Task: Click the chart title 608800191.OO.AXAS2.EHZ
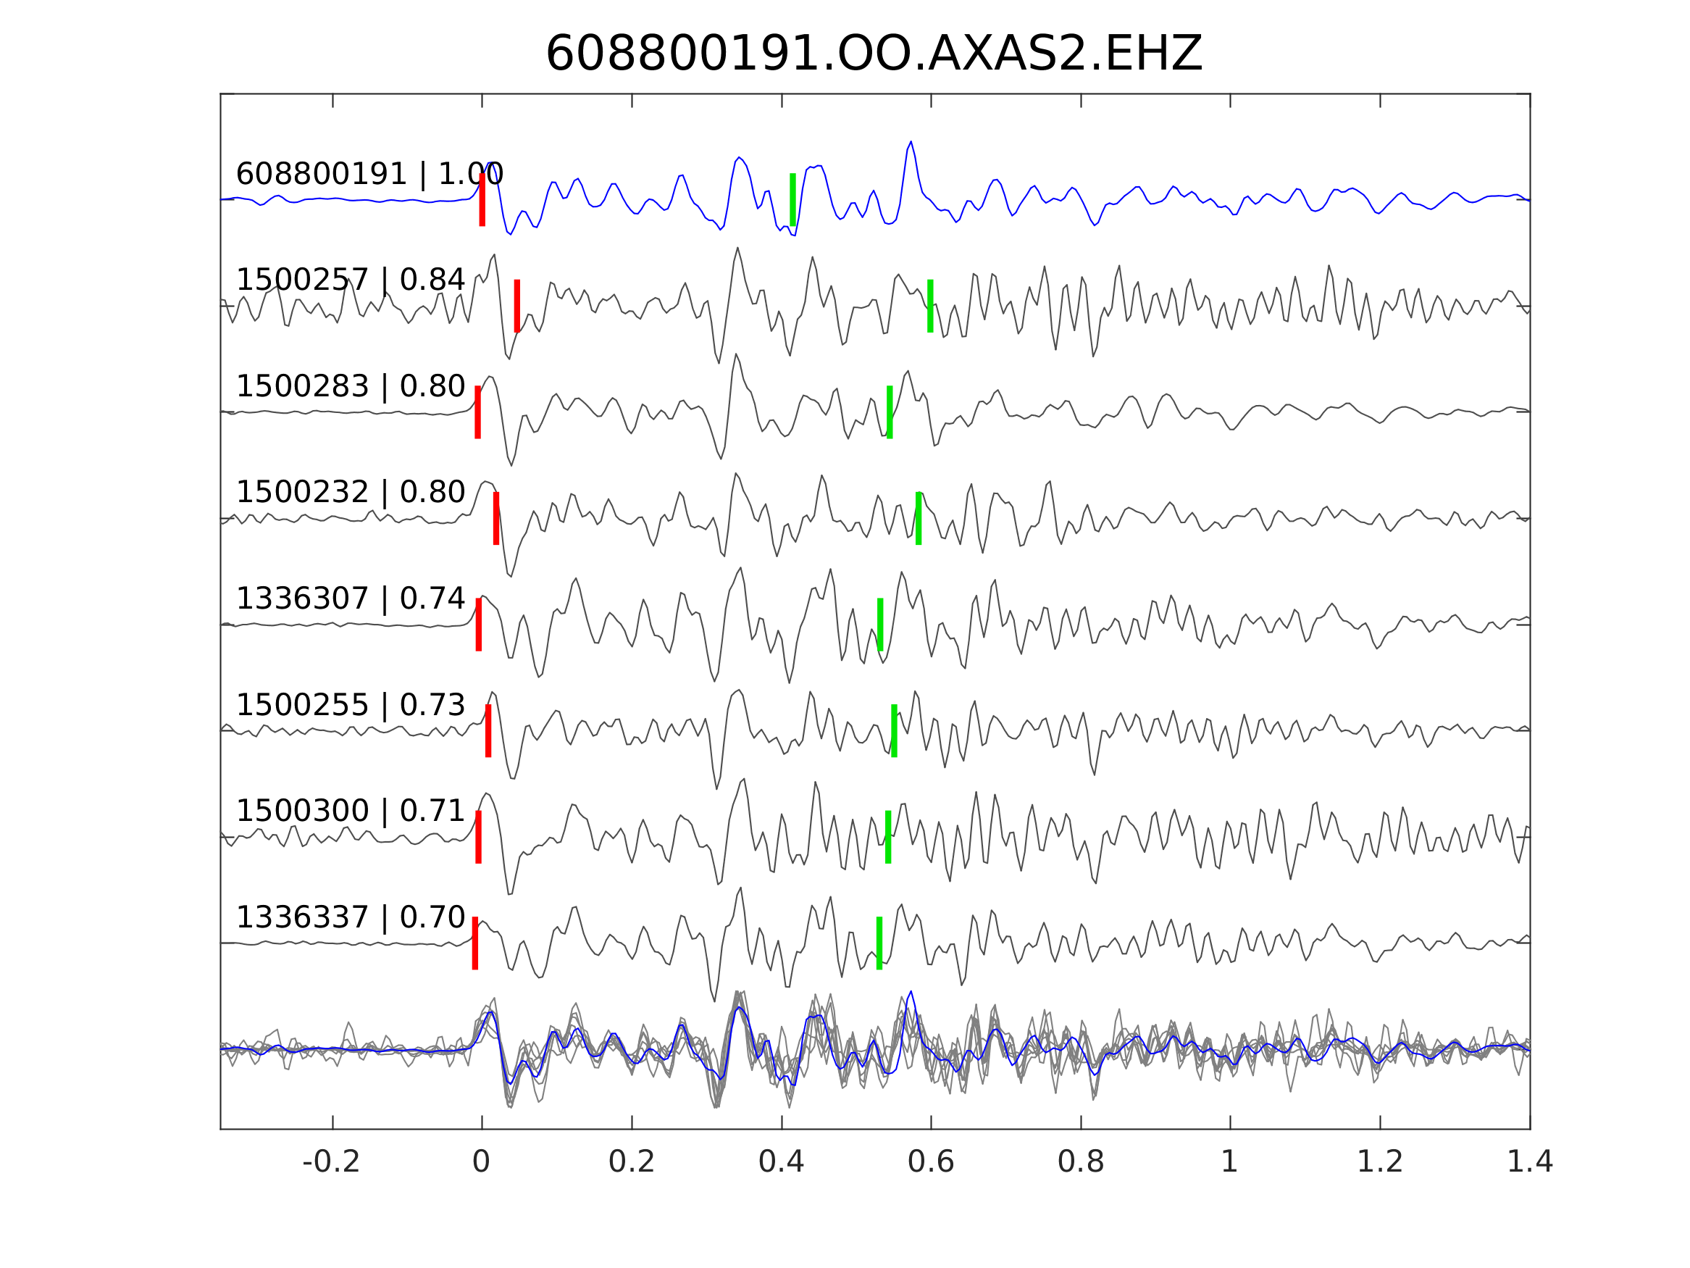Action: [x=874, y=54]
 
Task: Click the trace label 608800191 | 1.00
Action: [x=369, y=175]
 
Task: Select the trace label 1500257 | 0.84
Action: [x=350, y=280]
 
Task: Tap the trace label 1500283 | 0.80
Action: [x=350, y=387]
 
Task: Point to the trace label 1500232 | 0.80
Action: [x=350, y=492]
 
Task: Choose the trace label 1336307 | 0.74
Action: [x=350, y=598]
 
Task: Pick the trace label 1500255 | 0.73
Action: [x=350, y=705]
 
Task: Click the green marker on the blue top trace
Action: [x=792, y=199]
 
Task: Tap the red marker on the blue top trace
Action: [x=482, y=199]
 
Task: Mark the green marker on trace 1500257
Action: [x=930, y=306]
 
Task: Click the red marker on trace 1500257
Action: [x=517, y=306]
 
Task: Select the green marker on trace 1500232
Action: [x=919, y=518]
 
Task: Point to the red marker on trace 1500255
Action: [x=488, y=730]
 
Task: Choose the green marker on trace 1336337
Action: [x=879, y=943]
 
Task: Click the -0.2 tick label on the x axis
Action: [x=331, y=1162]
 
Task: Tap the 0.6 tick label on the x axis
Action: [x=931, y=1162]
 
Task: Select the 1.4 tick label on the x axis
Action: [x=1530, y=1162]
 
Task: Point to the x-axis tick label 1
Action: [x=1229, y=1162]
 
